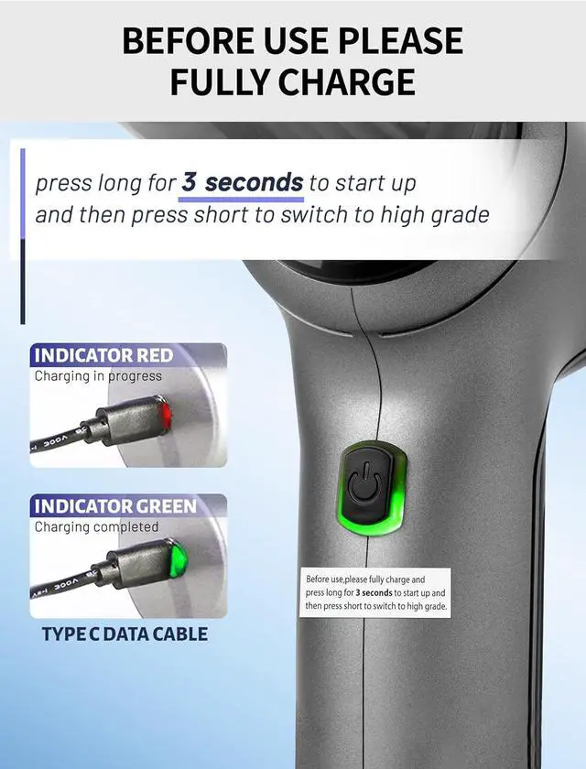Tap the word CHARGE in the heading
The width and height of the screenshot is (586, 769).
341,82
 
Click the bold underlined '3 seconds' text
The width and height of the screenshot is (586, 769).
243,182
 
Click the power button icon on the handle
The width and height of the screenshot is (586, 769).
364,486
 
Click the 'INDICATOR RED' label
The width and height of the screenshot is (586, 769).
103,355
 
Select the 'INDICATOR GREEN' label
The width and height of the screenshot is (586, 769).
114,506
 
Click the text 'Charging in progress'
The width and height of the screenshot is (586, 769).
98,375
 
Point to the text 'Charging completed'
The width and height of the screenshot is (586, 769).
96,526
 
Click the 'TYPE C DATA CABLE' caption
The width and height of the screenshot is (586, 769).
125,634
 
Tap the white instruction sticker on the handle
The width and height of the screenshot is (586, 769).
375,592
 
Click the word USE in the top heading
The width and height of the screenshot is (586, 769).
285,41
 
